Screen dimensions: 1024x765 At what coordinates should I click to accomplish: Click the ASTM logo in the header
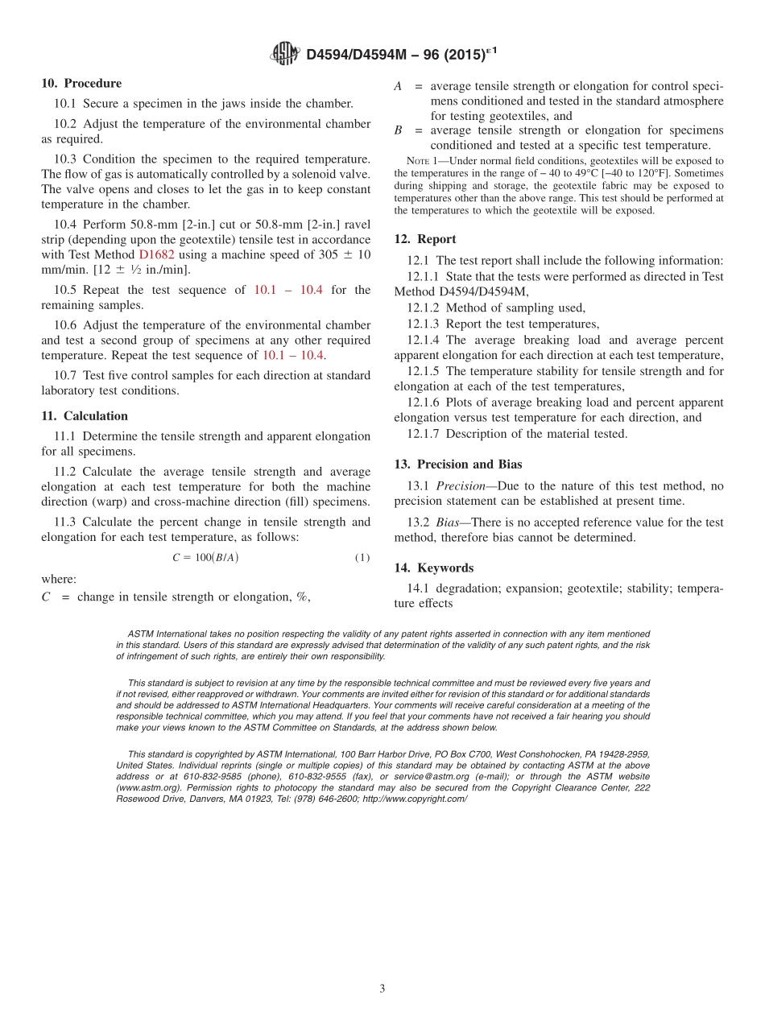pyautogui.click(x=285, y=54)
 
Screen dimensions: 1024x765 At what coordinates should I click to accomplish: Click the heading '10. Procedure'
pyautogui.click(x=81, y=83)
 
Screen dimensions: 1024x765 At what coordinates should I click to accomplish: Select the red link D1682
pyautogui.click(x=156, y=254)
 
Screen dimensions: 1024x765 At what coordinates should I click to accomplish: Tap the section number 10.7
pyautogui.click(x=66, y=375)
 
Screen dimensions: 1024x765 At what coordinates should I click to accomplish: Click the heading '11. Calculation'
pyautogui.click(x=85, y=416)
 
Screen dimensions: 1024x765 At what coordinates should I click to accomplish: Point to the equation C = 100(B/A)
pyautogui.click(x=205, y=557)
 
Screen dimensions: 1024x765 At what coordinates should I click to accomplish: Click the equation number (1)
pyautogui.click(x=362, y=558)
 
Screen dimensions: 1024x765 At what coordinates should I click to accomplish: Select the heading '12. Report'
pyautogui.click(x=425, y=239)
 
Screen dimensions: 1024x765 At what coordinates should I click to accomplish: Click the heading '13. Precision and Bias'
pyautogui.click(x=458, y=465)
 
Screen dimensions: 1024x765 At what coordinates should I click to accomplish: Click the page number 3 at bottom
pyautogui.click(x=382, y=989)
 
